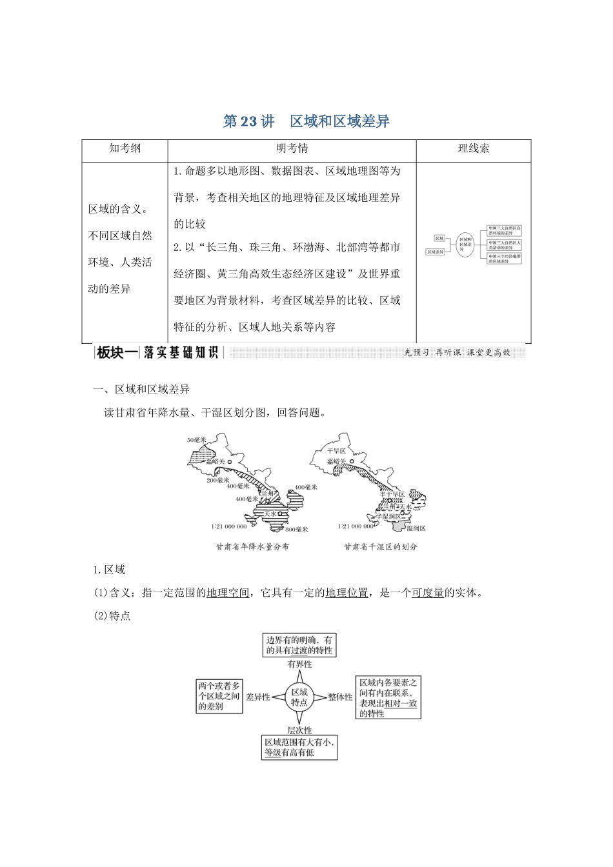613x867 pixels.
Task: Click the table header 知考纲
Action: pos(125,148)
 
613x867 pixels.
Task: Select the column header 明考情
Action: pos(292,148)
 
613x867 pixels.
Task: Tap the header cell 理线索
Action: pos(474,148)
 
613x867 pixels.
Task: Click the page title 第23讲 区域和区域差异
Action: pos(306,121)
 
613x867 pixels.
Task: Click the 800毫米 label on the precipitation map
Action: pos(296,529)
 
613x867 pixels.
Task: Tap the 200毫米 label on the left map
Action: pos(218,481)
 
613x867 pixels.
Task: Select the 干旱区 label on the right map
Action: pos(336,451)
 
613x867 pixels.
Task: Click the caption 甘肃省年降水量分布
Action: pos(252,546)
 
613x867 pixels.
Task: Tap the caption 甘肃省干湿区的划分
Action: pos(380,546)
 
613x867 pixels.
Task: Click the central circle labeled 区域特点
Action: pos(299,697)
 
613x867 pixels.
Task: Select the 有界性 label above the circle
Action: pos(299,664)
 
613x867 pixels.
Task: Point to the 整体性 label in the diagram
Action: pos(340,697)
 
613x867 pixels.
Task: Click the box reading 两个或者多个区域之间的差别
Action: pos(219,696)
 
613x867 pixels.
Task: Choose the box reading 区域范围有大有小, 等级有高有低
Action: pos(299,748)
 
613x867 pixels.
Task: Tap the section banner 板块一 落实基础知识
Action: pos(158,352)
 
